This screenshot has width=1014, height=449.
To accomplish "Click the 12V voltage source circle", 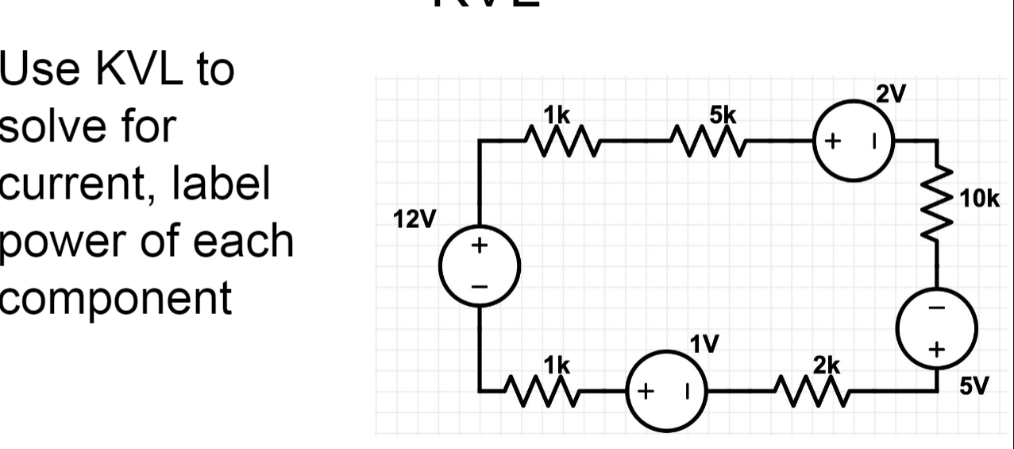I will point(480,265).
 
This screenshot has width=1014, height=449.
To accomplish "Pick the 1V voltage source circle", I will point(667,391).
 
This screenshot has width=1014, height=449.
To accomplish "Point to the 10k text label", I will point(980,199).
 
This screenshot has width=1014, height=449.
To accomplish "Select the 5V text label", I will point(974,387).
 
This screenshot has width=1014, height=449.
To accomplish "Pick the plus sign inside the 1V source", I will point(646,391).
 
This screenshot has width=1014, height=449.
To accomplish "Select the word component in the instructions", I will point(116,297).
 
